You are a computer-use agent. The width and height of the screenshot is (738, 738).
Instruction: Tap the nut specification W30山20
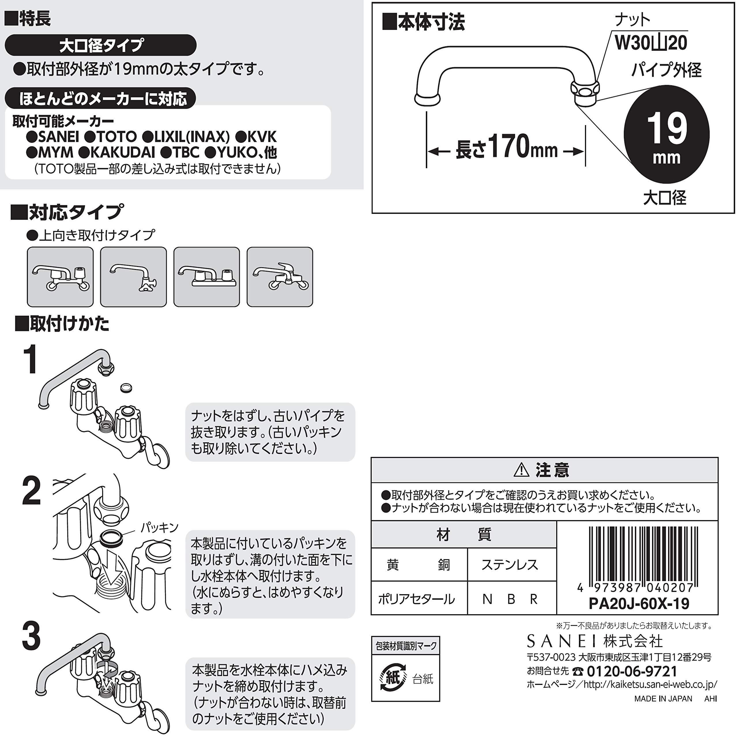651,42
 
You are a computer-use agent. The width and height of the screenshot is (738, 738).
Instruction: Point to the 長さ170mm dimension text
507,147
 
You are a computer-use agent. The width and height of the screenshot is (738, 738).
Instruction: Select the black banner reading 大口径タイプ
100,45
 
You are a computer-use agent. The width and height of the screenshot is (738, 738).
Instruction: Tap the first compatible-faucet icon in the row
60,277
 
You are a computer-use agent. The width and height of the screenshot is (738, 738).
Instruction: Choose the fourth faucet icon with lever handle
280,277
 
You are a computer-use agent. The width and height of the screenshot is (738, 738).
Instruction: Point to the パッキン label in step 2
160,528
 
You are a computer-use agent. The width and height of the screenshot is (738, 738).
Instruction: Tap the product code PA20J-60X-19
639,604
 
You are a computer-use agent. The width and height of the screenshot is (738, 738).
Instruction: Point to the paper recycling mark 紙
393,678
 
